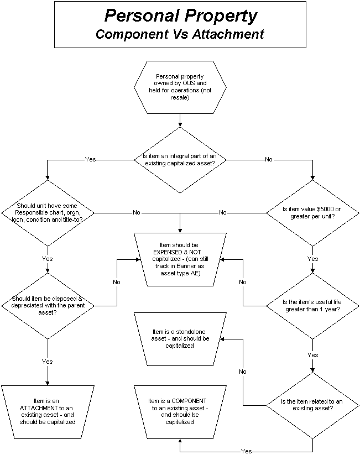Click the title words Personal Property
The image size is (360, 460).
coord(180,15)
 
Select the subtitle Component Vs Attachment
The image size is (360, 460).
coord(180,34)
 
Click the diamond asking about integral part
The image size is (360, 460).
coord(180,160)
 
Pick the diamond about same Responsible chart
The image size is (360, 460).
coord(48,213)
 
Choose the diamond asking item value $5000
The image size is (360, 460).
coord(313,213)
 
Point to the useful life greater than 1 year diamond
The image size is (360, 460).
coord(313,305)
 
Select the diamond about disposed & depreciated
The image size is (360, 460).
coord(48,305)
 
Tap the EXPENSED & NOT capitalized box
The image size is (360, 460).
coord(180,258)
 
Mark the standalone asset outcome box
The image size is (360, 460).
coord(180,338)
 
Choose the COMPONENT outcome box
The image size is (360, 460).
coord(180,411)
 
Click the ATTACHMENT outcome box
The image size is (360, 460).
coord(48,411)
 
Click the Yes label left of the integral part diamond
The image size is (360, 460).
coord(90,159)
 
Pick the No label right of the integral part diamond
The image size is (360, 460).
coord(269,159)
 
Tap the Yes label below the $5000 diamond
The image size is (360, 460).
coord(313,258)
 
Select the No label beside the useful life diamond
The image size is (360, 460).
coord(243,282)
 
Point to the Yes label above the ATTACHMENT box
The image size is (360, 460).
coord(48,361)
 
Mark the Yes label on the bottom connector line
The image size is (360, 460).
coord(247,451)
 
